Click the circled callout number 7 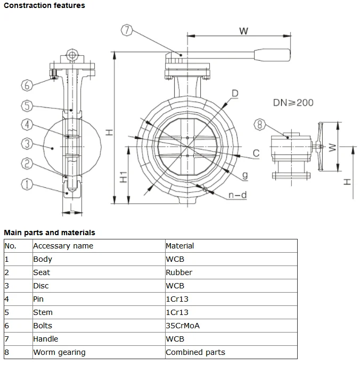pos(126,30)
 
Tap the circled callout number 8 pos(260,125)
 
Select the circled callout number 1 pos(27,184)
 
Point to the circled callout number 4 pos(27,125)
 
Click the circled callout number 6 pos(27,85)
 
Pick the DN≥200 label pos(293,102)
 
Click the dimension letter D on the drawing pos(234,94)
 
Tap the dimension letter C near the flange pos(256,153)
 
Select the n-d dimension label pos(238,195)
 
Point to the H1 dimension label pos(123,177)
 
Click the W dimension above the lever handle pos(243,31)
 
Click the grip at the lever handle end pos(273,54)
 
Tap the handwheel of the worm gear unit pos(320,147)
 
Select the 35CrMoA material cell pos(183,326)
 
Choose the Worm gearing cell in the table pos(59,352)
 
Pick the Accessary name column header pos(63,246)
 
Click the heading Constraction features pos(44,5)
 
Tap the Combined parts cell pos(195,352)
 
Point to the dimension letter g pos(244,175)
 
